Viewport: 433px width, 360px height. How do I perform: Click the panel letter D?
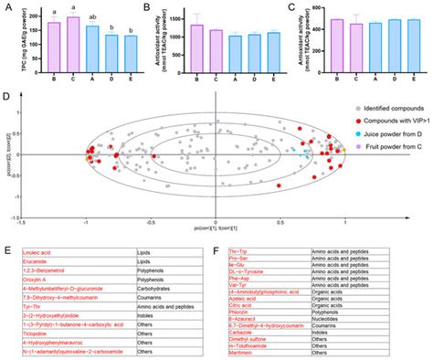pos(7,94)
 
